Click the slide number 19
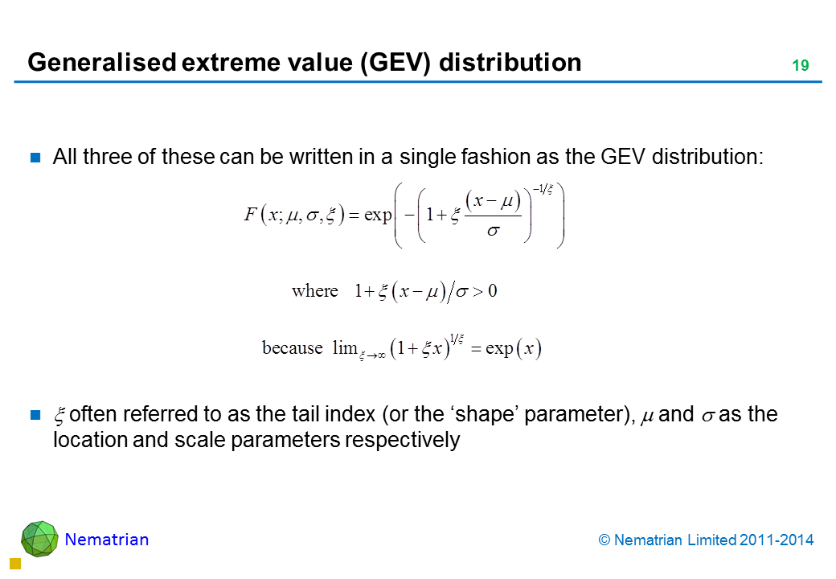(x=801, y=66)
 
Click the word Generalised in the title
(x=102, y=63)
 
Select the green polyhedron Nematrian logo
(x=39, y=539)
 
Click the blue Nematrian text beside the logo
(x=107, y=540)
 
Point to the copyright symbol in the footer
(x=604, y=540)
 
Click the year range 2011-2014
(x=777, y=540)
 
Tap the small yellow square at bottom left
(x=15, y=564)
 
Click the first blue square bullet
(x=35, y=158)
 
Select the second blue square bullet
(x=35, y=415)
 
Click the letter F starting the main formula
(x=251, y=215)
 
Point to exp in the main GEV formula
(x=378, y=216)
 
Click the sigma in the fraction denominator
(x=494, y=231)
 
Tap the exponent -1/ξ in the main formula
(x=543, y=189)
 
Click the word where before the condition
(x=314, y=291)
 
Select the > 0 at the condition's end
(x=485, y=291)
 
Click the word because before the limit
(x=292, y=347)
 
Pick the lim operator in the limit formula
(x=345, y=347)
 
